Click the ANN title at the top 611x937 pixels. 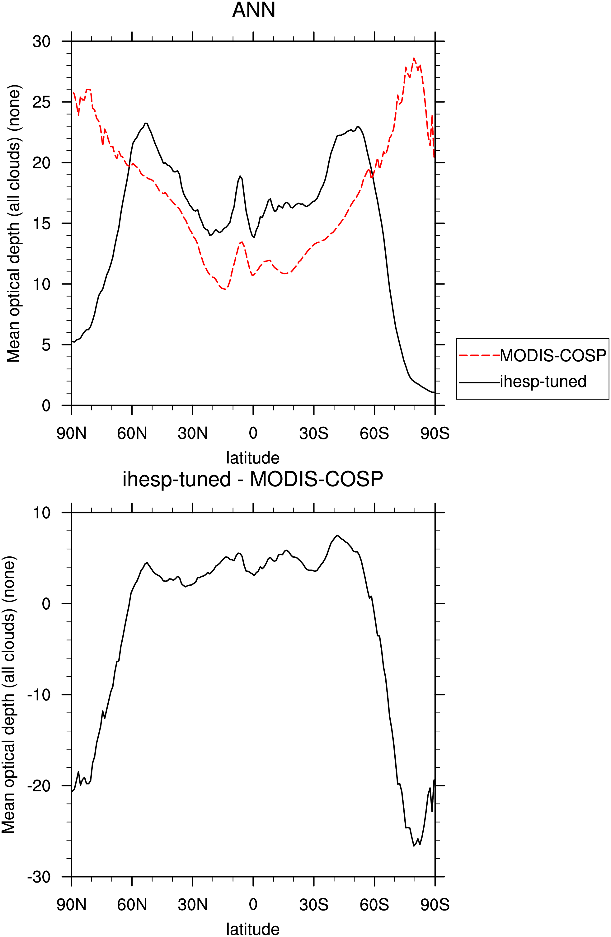pos(254,10)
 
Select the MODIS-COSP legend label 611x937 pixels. pos(553,355)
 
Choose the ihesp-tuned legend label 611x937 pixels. pos(543,382)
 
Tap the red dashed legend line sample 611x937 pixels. pos(479,355)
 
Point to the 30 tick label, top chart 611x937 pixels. pos(41,41)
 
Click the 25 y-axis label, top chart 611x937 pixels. pos(41,102)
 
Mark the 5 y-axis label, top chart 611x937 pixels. pos(46,345)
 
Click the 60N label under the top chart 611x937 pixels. pos(132,433)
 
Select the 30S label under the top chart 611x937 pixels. pos(313,433)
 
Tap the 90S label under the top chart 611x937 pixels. pos(435,433)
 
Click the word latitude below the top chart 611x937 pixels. pos(253,458)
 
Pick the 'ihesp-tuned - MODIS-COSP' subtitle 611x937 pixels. pos(253,480)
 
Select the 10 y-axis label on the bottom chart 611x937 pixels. pos(41,513)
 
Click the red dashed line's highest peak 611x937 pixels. pos(414,58)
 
